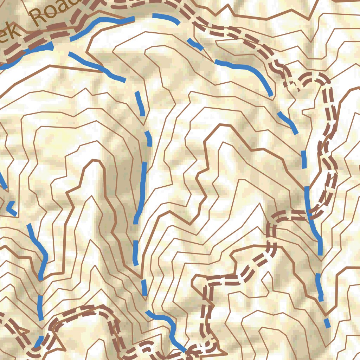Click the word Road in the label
pyautogui.click(x=56, y=13)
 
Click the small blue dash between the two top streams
pyautogui.click(x=195, y=44)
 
